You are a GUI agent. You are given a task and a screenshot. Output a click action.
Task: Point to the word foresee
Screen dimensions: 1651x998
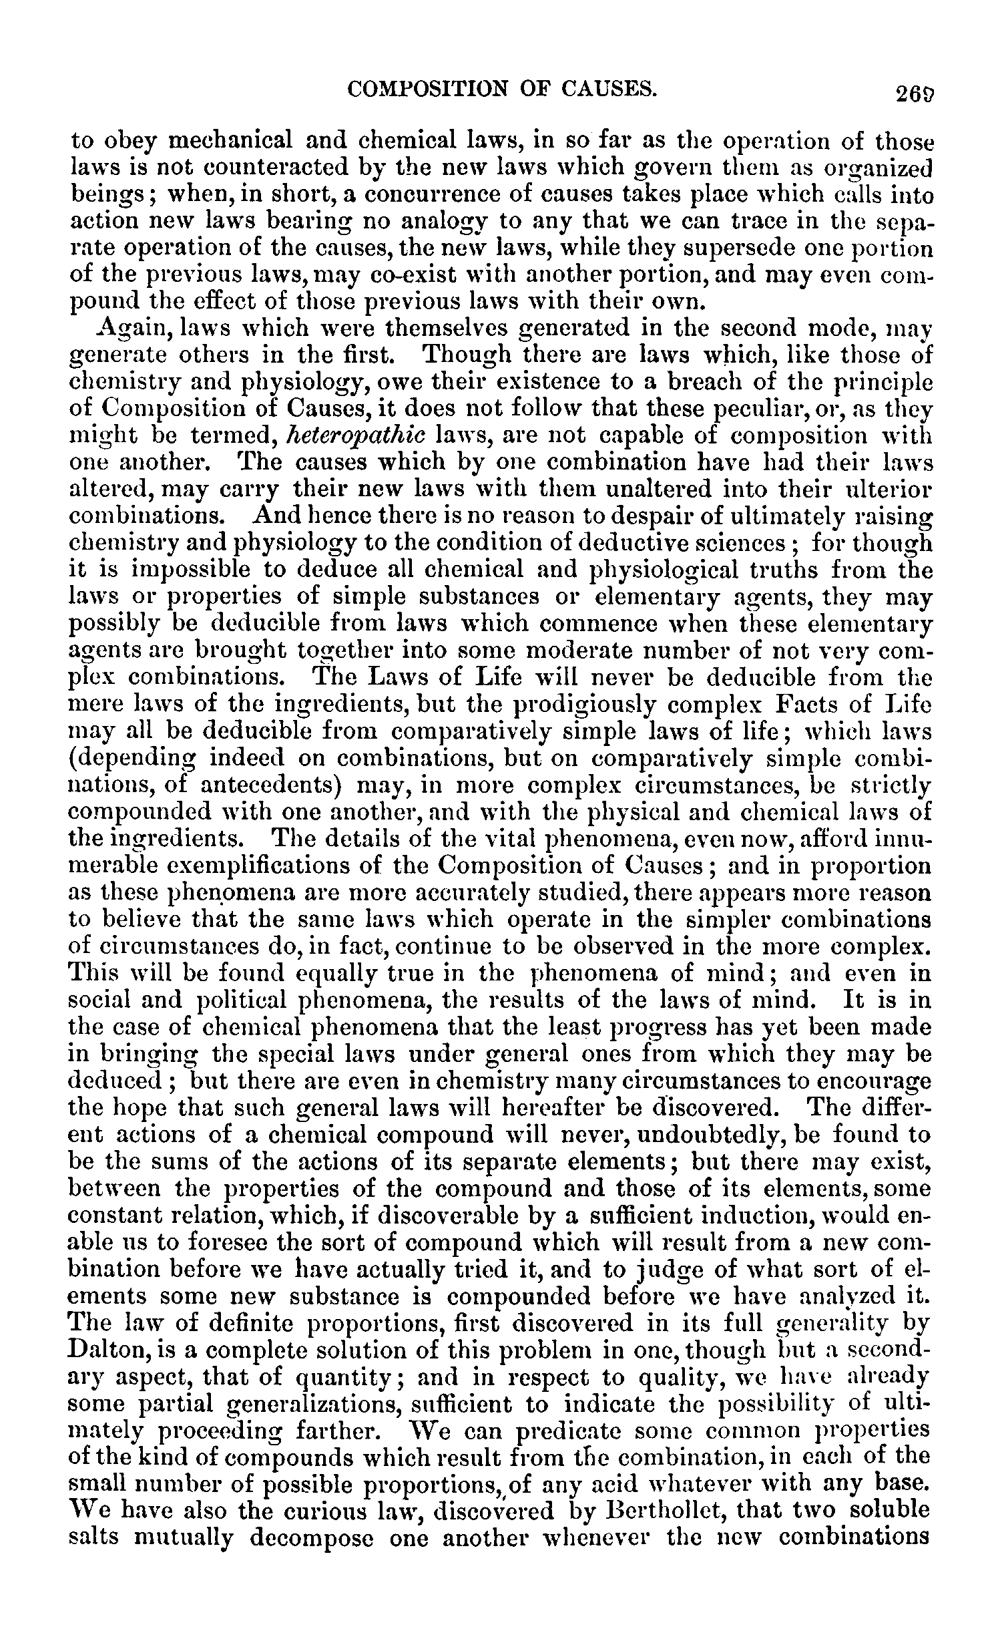226,1243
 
